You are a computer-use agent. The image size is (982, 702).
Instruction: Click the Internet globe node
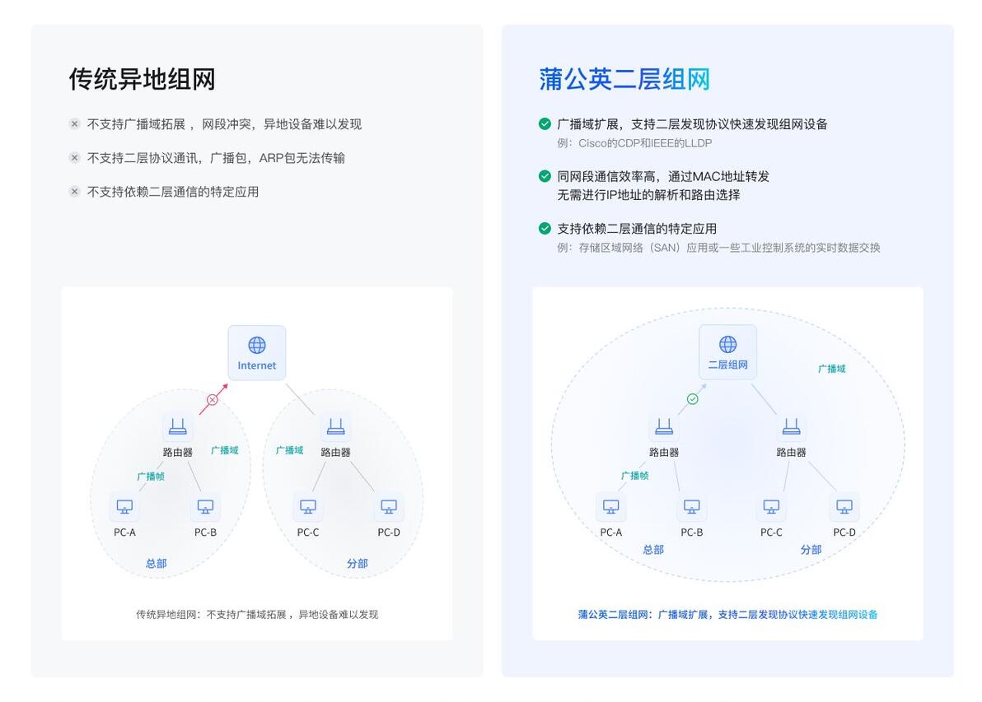point(257,353)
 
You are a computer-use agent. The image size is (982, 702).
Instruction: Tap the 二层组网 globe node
point(727,351)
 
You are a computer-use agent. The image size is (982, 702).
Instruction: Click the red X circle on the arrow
point(213,399)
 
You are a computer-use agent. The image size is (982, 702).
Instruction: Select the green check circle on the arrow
point(692,398)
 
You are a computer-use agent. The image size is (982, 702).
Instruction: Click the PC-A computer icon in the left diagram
point(124,506)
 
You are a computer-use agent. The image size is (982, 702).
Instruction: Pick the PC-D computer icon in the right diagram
point(844,506)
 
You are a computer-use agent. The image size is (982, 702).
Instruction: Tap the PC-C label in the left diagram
point(307,532)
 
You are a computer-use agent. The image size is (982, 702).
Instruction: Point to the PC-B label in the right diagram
point(691,532)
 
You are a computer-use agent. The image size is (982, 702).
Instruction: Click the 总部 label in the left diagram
point(156,563)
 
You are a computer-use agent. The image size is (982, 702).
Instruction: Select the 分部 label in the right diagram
point(811,549)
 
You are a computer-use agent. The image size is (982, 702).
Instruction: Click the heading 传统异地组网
point(143,80)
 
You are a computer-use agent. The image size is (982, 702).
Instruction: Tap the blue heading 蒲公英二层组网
point(624,80)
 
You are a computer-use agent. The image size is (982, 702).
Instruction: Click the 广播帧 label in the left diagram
point(151,477)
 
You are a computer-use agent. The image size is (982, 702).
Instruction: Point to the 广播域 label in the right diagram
point(832,369)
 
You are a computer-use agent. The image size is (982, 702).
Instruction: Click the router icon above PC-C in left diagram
point(335,427)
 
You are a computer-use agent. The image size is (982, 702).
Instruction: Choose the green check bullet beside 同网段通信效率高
point(545,176)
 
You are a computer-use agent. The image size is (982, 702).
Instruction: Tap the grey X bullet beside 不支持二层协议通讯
point(74,158)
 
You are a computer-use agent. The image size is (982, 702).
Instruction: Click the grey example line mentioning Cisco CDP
point(634,143)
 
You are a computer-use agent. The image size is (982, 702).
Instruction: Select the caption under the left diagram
point(257,615)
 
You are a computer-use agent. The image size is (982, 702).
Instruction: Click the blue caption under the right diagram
point(727,615)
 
